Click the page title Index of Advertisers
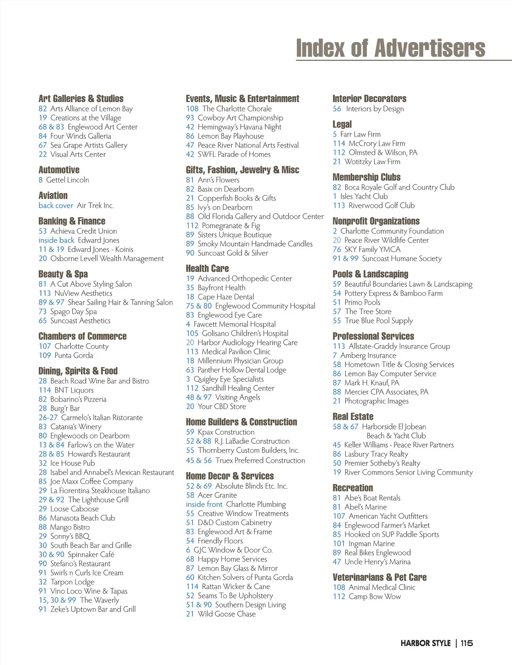tap(390, 48)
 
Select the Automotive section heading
tap(59, 170)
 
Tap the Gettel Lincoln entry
tap(67, 180)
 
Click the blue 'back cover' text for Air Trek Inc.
tap(56, 206)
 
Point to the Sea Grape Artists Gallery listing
tap(89, 146)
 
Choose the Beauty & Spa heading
tap(63, 274)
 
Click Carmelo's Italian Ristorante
tap(102, 418)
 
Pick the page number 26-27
tap(48, 418)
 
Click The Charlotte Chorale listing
tap(237, 109)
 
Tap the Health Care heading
tap(207, 268)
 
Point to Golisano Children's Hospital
tap(245, 333)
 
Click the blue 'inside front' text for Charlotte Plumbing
tap(204, 505)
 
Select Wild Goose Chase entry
tap(227, 614)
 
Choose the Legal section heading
tap(342, 124)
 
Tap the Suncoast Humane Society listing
tap(401, 259)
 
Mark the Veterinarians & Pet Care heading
tap(379, 577)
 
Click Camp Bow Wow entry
tap(375, 597)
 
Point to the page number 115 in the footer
tap(467, 643)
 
